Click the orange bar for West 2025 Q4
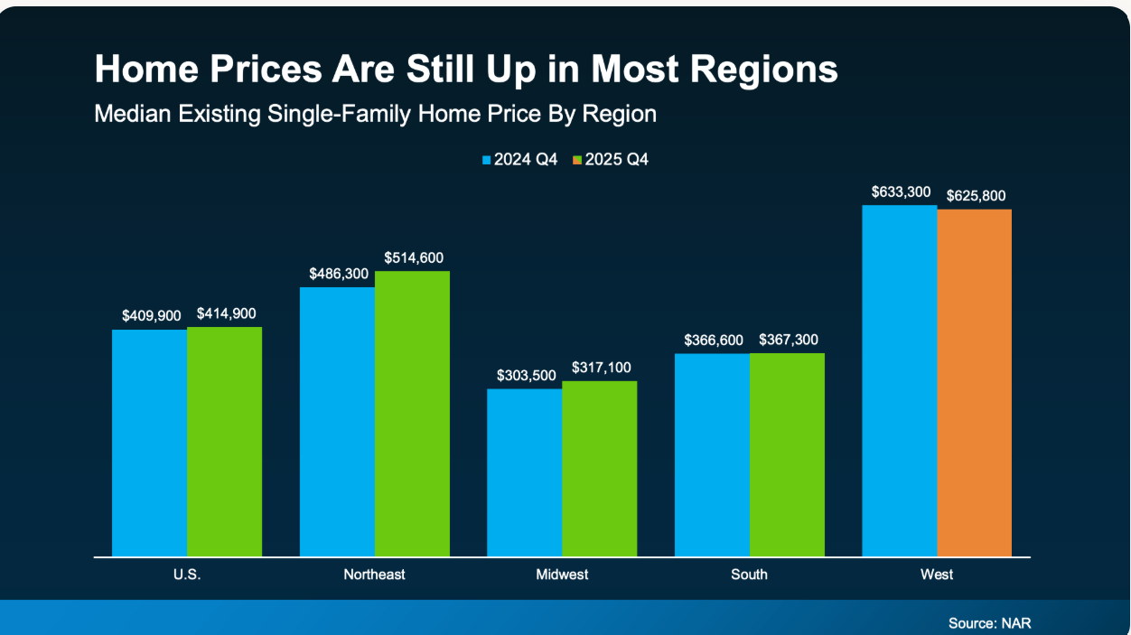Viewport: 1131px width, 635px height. (x=974, y=383)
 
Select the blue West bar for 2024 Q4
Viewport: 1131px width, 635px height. (x=899, y=380)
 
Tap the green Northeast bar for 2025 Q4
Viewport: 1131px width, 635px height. (x=412, y=414)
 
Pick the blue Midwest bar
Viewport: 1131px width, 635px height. (x=524, y=472)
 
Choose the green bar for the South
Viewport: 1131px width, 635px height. (x=787, y=454)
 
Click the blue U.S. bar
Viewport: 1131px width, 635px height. (x=149, y=443)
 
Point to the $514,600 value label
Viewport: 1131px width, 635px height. (x=414, y=258)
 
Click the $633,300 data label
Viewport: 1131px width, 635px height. (x=901, y=192)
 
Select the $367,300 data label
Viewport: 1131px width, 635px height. (x=789, y=341)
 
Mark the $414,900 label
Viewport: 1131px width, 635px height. (x=226, y=314)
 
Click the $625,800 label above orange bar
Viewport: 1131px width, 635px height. (x=976, y=196)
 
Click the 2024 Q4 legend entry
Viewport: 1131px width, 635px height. (x=520, y=160)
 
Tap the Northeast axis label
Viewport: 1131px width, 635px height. (x=374, y=574)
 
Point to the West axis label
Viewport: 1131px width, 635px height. (x=937, y=574)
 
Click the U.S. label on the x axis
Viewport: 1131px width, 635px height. (x=187, y=574)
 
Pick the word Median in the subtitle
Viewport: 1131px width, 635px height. (x=127, y=115)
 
